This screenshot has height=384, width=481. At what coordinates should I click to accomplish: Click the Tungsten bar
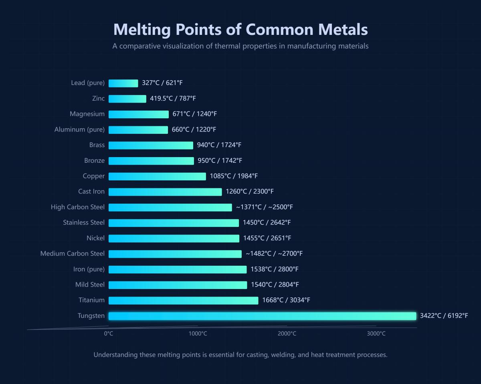[262, 316]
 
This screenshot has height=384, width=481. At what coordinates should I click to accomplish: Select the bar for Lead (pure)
[123, 83]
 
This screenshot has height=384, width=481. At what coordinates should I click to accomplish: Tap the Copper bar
[157, 176]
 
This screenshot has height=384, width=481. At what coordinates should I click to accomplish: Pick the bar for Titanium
[183, 300]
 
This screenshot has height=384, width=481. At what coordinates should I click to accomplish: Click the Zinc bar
[127, 99]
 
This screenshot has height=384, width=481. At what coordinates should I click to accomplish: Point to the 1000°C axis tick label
[198, 333]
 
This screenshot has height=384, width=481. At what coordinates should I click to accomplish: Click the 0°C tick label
[109, 333]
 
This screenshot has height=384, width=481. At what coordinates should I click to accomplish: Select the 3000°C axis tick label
[376, 333]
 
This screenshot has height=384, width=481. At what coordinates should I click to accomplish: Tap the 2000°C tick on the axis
[287, 333]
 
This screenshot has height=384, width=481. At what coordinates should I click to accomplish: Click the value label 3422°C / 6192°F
[444, 315]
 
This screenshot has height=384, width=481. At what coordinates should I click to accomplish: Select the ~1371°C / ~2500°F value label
[264, 207]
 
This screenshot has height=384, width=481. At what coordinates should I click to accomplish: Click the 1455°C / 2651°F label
[267, 238]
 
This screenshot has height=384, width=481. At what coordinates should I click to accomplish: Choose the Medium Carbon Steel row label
[72, 253]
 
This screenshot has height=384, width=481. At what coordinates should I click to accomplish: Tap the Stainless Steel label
[83, 222]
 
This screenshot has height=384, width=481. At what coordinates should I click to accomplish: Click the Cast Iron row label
[91, 192]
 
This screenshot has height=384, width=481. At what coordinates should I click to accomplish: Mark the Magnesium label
[87, 114]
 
